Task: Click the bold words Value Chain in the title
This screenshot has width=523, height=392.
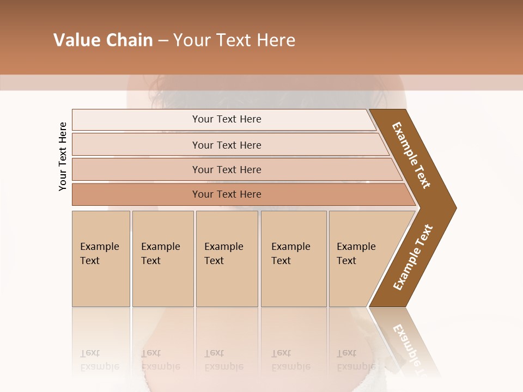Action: (x=103, y=40)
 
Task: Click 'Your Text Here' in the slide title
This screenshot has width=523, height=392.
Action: (x=234, y=40)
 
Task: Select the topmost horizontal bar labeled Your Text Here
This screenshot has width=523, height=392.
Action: (x=226, y=119)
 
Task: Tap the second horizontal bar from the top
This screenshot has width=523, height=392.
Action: (x=226, y=145)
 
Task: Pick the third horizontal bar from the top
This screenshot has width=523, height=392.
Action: (x=226, y=169)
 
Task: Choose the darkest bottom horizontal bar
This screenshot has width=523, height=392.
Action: (x=226, y=194)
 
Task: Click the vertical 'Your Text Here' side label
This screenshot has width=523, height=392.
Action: (x=63, y=156)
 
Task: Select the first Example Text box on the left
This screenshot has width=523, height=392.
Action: (x=101, y=259)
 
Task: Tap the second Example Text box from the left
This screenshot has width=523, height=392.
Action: (x=162, y=259)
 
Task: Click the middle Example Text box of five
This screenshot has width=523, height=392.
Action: (x=226, y=259)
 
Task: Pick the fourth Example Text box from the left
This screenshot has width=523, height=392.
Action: (x=293, y=259)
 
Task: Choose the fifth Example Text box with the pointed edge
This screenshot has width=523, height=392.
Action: (x=360, y=259)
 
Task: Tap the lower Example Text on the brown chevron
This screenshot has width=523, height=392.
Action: (x=413, y=257)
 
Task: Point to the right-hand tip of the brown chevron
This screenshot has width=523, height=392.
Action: (x=455, y=207)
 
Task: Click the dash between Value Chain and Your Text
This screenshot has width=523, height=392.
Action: (x=163, y=41)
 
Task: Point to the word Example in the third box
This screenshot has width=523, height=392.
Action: (x=223, y=247)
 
